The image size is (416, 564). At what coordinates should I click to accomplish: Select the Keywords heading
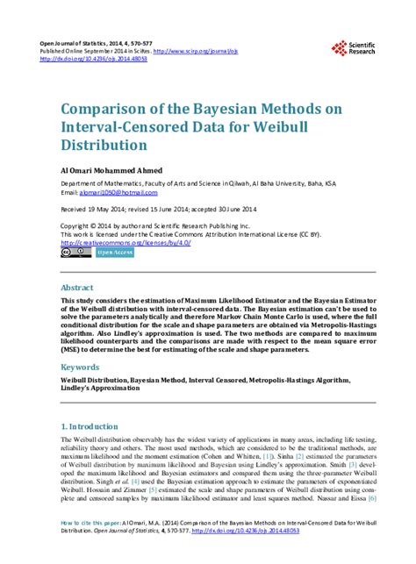click(80, 368)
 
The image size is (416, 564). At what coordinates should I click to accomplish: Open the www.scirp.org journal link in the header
click(212, 51)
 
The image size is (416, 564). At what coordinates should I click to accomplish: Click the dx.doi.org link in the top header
click(90, 60)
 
